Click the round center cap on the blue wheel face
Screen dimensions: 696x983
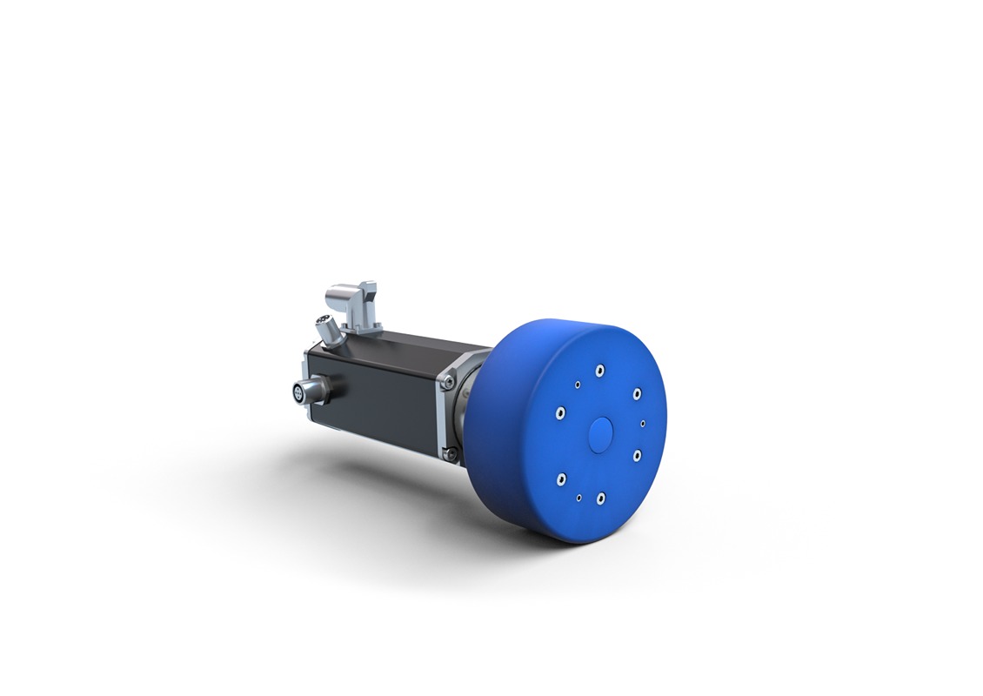pos(600,433)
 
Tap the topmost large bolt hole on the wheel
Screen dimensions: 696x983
pos(599,371)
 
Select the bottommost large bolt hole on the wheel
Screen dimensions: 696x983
pos(600,499)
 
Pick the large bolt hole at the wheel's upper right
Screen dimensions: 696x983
pos(637,393)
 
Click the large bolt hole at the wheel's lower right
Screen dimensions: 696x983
pos(637,455)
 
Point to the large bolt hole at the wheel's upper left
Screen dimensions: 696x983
pos(562,413)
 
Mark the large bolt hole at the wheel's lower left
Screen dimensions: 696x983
pos(561,478)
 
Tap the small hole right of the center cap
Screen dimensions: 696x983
pos(643,424)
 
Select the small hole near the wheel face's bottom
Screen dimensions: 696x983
pos(578,499)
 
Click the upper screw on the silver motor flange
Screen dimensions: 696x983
pos(449,379)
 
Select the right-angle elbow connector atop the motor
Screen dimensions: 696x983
pos(358,300)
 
